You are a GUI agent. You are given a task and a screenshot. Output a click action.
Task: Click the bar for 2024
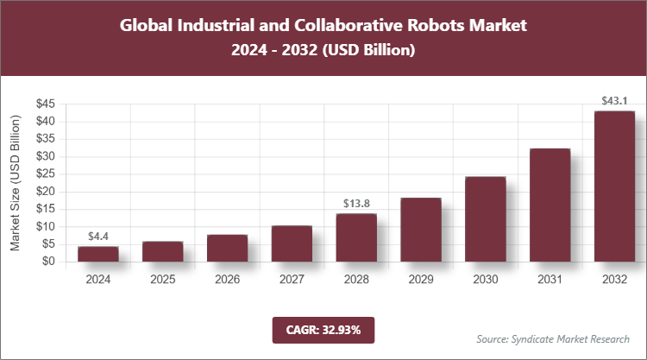[98, 254]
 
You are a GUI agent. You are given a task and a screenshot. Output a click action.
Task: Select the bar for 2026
[227, 248]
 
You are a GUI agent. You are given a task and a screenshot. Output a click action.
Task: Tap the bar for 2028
[356, 237]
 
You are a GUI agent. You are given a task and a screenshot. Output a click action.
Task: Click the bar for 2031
[550, 205]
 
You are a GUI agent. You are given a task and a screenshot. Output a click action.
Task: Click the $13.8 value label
[356, 204]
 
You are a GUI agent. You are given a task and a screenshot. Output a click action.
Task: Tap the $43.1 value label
[614, 101]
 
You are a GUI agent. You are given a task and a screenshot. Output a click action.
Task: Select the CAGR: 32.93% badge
[323, 329]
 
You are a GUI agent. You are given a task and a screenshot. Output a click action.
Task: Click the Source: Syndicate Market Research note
[553, 338]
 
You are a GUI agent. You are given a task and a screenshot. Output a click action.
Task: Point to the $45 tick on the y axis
[46, 104]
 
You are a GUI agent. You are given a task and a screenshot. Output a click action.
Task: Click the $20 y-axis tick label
[46, 191]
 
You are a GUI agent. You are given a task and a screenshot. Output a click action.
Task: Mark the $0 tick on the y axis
[49, 261]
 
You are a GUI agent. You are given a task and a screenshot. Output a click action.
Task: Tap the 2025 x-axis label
[162, 280]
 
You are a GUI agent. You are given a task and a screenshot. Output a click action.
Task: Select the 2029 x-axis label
[421, 280]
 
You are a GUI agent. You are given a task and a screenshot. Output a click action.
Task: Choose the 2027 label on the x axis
[292, 280]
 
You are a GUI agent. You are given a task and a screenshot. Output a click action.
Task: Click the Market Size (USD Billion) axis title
[15, 183]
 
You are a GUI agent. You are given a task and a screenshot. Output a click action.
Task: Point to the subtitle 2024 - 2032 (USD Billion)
[323, 51]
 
